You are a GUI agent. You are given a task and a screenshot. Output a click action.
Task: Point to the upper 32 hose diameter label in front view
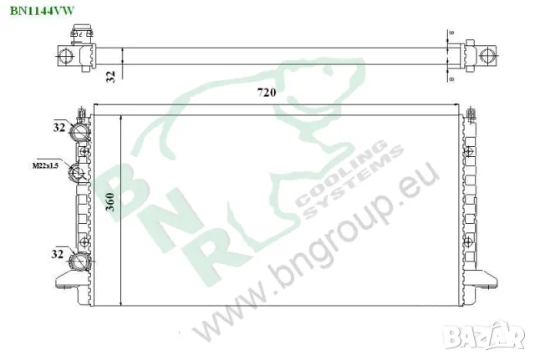coord(59,128)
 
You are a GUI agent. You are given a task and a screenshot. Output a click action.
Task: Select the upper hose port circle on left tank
coord(80,134)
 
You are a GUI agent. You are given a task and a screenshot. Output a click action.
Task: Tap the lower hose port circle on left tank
coord(80,262)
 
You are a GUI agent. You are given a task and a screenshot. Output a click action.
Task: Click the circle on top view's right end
coord(487,56)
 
